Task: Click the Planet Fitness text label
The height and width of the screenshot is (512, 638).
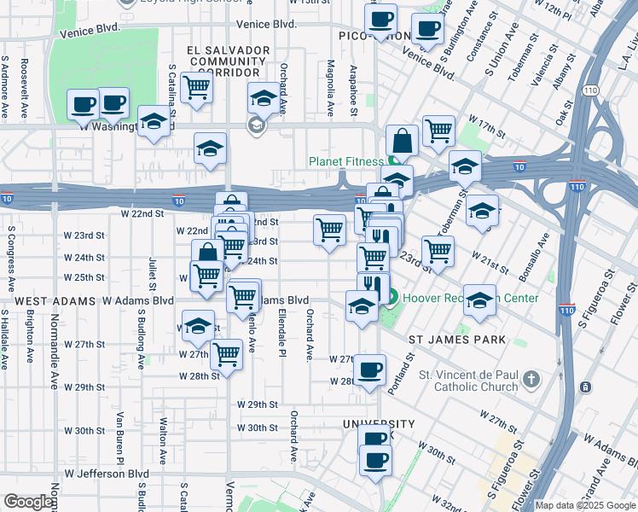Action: pyautogui.click(x=347, y=161)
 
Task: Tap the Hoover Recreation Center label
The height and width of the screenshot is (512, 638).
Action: pyautogui.click(x=470, y=298)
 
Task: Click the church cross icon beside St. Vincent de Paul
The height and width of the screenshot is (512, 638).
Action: pyautogui.click(x=531, y=378)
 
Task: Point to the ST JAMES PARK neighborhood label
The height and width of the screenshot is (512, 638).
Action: pyautogui.click(x=457, y=340)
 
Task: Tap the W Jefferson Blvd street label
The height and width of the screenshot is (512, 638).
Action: pyautogui.click(x=107, y=474)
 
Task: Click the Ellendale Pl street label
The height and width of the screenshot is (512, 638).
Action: pyautogui.click(x=281, y=333)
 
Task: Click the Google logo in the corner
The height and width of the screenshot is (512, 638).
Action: pyautogui.click(x=28, y=502)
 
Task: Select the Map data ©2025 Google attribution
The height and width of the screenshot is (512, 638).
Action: pyautogui.click(x=585, y=505)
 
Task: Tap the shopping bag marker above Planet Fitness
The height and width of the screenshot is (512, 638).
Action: pyautogui.click(x=403, y=141)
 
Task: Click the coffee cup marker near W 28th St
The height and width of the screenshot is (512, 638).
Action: pyautogui.click(x=369, y=370)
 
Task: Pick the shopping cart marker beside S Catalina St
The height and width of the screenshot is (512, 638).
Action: pyautogui.click(x=196, y=87)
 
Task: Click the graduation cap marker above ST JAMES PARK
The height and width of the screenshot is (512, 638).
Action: pyautogui.click(x=480, y=300)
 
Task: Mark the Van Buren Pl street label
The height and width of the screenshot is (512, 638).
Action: pyautogui.click(x=119, y=431)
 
